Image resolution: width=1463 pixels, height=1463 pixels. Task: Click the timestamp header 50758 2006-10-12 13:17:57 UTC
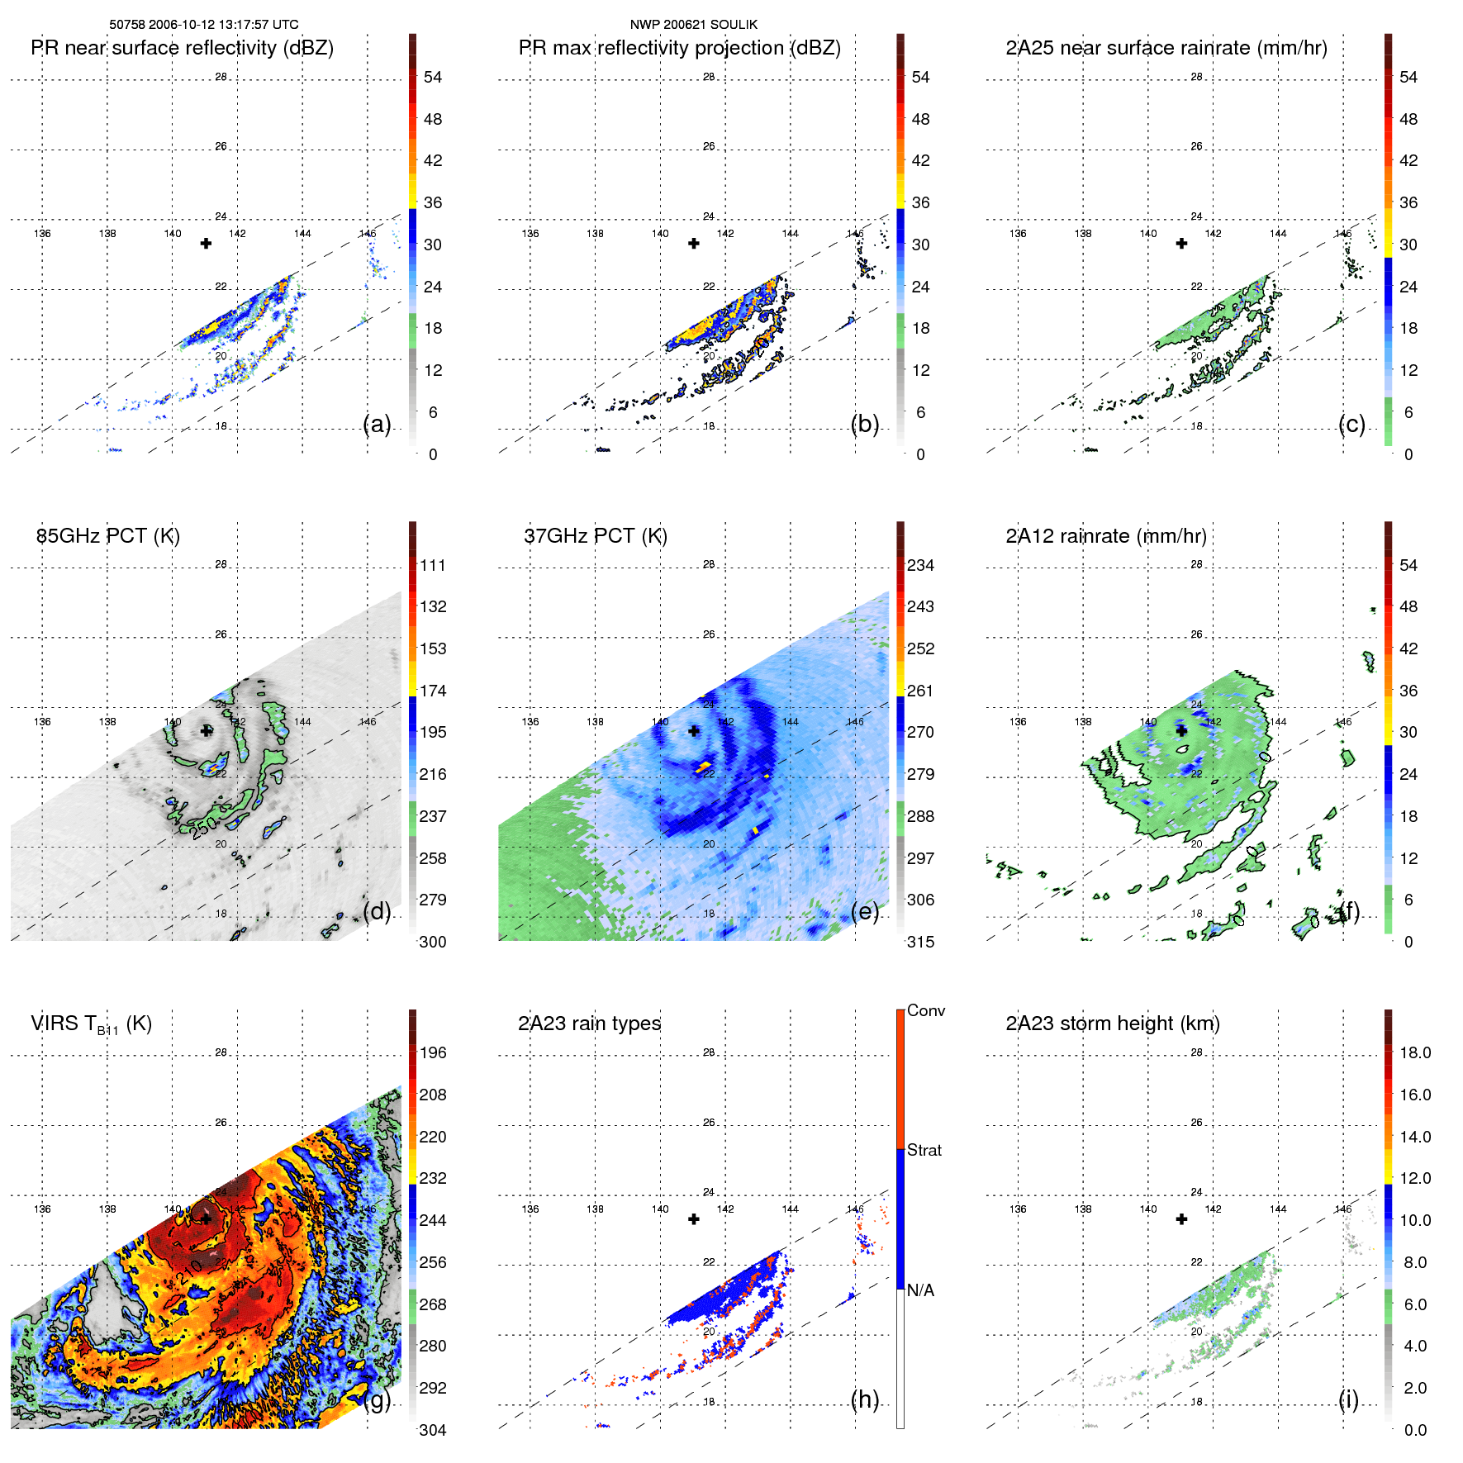(x=204, y=25)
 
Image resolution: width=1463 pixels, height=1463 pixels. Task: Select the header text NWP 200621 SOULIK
(x=693, y=25)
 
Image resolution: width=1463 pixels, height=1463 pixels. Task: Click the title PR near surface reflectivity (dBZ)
(x=182, y=48)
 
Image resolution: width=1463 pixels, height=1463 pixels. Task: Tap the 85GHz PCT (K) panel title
(x=108, y=536)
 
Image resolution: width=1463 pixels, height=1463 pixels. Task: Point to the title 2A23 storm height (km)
(x=1113, y=1024)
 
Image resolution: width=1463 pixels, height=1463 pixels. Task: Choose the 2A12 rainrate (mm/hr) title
(x=1106, y=536)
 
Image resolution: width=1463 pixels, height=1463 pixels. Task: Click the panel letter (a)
(x=377, y=424)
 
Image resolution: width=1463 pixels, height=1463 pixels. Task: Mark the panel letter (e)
(x=865, y=911)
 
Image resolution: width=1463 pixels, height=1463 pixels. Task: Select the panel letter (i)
(x=1348, y=1399)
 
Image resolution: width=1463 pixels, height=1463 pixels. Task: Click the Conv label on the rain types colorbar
(x=925, y=1011)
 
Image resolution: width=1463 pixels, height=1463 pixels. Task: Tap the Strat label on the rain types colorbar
(x=924, y=1151)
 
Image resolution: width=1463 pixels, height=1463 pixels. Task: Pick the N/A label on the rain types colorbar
(x=920, y=1290)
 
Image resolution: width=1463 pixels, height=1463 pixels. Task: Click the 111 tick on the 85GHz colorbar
(x=433, y=566)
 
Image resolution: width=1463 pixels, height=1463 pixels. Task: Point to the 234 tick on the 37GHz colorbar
(x=920, y=566)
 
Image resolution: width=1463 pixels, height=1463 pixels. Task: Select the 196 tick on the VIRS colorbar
(x=433, y=1053)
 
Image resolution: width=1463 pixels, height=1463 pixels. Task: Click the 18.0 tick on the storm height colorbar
(x=1414, y=1053)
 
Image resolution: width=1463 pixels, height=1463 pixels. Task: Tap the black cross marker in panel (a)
(x=206, y=243)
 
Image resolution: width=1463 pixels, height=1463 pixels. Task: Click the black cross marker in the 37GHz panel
(x=694, y=731)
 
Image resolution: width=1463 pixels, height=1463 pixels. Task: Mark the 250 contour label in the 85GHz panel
(x=204, y=827)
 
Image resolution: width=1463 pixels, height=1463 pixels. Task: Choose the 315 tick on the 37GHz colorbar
(x=920, y=943)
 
